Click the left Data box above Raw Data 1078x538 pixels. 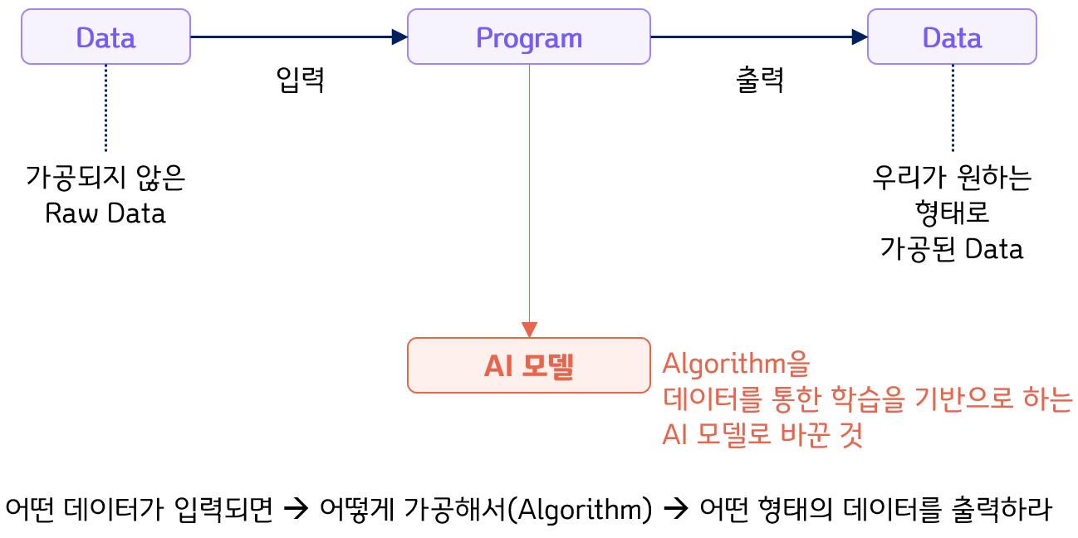[105, 37]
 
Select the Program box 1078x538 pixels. [528, 37]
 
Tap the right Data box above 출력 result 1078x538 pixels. [952, 37]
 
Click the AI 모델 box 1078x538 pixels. [528, 365]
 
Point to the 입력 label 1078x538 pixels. [300, 81]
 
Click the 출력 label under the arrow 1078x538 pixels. [760, 81]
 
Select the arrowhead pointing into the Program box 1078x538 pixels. [399, 37]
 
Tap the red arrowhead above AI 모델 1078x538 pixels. [529, 329]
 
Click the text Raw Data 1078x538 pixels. [105, 213]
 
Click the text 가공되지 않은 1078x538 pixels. [105, 178]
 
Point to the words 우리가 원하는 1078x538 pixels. [952, 178]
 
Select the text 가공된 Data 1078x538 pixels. [952, 249]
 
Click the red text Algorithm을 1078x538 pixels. [735, 364]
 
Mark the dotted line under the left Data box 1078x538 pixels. [105, 108]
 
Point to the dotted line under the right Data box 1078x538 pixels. [952, 108]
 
